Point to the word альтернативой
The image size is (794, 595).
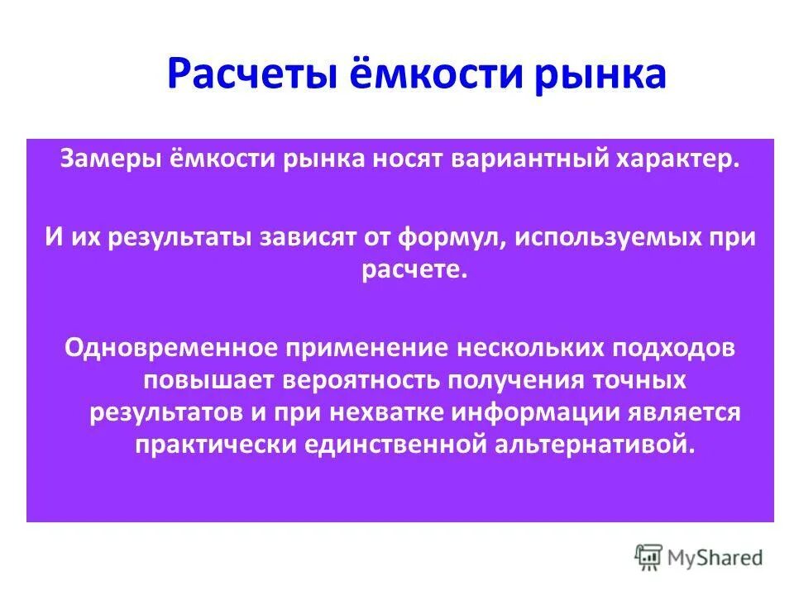tap(592, 445)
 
